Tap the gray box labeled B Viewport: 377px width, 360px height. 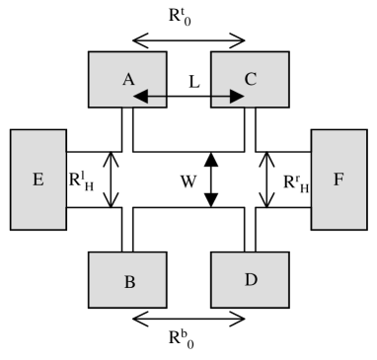(x=126, y=280)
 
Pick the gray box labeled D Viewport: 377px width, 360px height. (x=250, y=280)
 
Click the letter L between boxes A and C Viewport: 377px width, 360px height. (x=194, y=84)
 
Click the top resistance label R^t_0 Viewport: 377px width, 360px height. (x=188, y=17)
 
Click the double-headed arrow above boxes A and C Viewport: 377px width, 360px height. (x=188, y=39)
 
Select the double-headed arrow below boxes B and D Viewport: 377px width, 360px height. (x=188, y=319)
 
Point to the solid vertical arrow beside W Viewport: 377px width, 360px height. (x=209, y=180)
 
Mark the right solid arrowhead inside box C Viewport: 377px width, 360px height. (x=239, y=97)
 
